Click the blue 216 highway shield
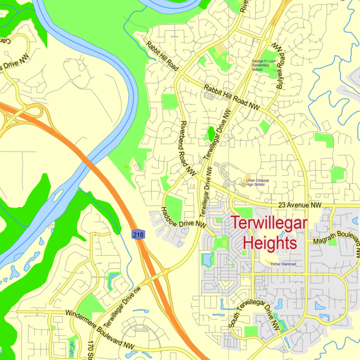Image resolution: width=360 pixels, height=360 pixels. click(x=138, y=234)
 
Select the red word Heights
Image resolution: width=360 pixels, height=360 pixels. click(x=270, y=243)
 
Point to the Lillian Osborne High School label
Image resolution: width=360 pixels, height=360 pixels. click(x=257, y=182)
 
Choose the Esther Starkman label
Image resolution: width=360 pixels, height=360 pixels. click(x=283, y=264)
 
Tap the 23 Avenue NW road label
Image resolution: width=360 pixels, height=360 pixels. click(x=300, y=205)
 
